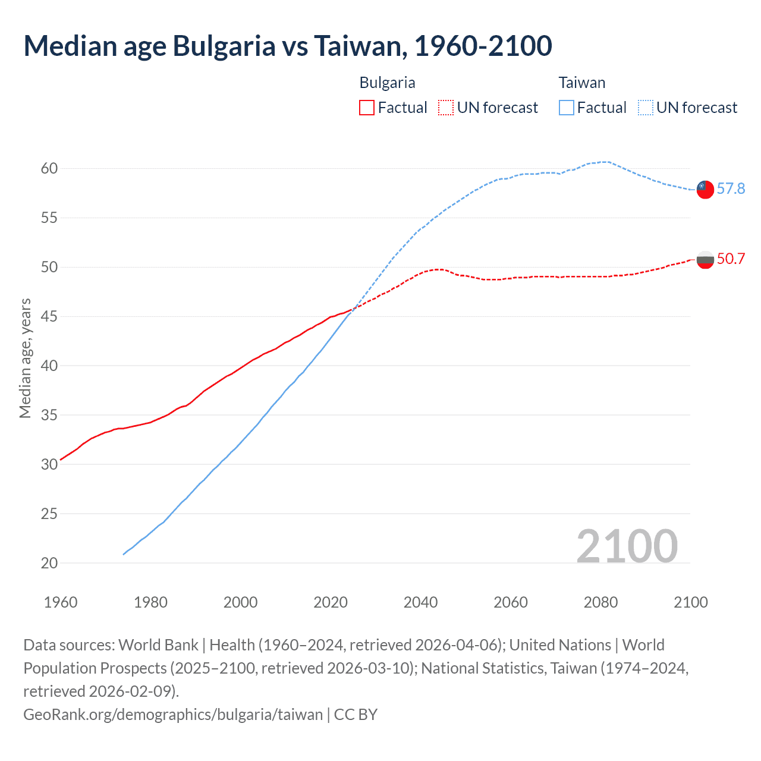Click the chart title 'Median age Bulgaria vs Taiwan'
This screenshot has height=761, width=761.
coord(288,46)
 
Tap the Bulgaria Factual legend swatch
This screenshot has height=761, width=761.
coord(367,108)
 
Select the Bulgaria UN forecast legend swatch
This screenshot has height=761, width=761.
coord(446,108)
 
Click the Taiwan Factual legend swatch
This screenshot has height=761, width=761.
coord(567,108)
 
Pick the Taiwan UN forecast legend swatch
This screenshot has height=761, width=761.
coord(646,108)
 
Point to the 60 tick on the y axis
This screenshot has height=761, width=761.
coord(49,168)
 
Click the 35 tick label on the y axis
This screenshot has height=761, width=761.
coord(49,415)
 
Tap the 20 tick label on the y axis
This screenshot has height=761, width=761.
coord(49,562)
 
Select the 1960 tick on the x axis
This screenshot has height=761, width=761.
coord(61,602)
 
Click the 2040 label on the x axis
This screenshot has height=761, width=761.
coord(420,602)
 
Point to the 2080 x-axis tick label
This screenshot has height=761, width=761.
coord(600,602)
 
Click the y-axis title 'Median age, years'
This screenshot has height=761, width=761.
coord(25,359)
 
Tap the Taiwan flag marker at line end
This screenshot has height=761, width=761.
coord(705,189)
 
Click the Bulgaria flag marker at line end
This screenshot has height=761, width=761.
coord(705,259)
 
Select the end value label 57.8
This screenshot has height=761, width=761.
coord(731,188)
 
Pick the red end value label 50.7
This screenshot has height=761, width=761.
coord(731,259)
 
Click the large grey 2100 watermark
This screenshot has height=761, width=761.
coord(627,546)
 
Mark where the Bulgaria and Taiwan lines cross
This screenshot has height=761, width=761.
coord(354,308)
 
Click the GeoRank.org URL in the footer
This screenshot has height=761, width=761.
coord(173,714)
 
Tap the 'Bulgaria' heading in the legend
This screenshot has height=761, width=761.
coord(387,83)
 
